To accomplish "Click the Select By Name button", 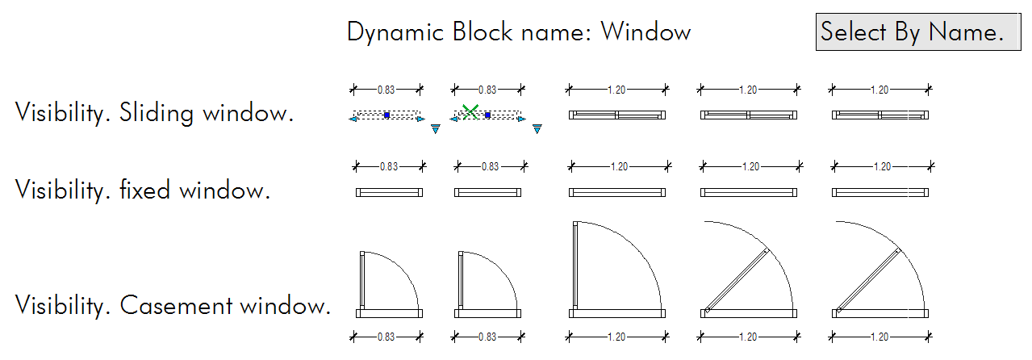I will [912, 32].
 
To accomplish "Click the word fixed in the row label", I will [146, 191].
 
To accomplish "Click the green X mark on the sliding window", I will [470, 112].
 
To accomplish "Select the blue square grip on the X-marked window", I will [488, 115].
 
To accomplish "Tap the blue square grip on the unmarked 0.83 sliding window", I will [387, 115].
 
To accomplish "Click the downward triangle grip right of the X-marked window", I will [536, 128].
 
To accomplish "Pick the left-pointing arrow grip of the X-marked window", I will [453, 119].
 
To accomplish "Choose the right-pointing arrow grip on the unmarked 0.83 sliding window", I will [420, 119].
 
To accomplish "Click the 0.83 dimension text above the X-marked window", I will [487, 90].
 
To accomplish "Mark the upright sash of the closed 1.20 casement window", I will [574, 266].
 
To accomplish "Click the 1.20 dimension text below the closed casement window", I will [619, 337].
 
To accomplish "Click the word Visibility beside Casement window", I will [61, 306].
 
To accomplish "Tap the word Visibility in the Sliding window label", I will [61, 113].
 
